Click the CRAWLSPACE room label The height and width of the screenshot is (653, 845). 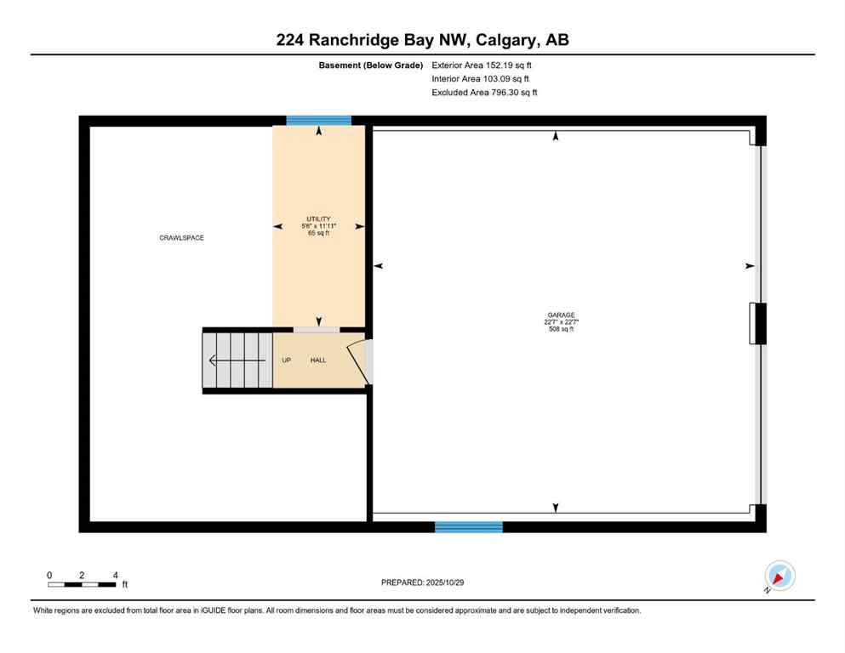click(181, 238)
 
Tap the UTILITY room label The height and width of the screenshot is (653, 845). click(319, 219)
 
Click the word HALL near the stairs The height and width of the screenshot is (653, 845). click(318, 361)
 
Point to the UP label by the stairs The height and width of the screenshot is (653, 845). click(287, 361)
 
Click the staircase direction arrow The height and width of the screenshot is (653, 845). click(235, 361)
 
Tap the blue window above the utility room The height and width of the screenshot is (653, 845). click(319, 121)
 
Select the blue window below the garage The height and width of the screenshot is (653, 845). click(468, 527)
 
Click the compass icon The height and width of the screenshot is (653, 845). click(779, 576)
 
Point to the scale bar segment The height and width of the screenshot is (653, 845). click(82, 585)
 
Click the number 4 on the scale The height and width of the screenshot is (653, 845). click(115, 575)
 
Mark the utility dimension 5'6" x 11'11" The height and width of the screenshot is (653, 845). click(319, 225)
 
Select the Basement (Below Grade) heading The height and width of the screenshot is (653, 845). click(370, 65)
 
